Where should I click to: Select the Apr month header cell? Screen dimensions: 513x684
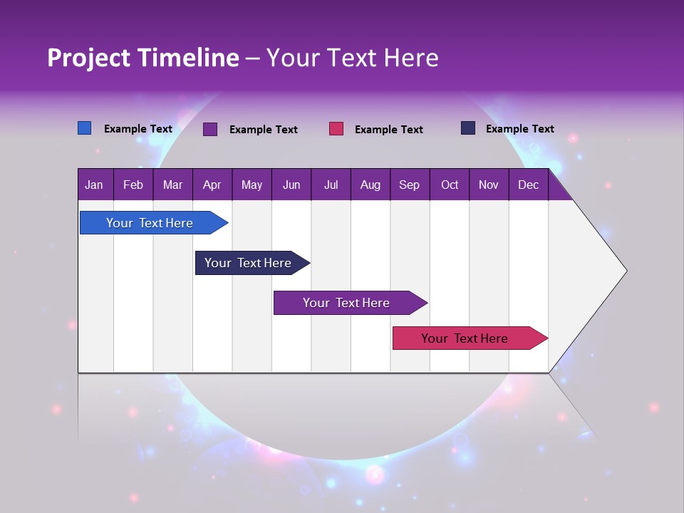[x=212, y=185]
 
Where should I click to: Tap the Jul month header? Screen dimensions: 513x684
[x=331, y=185]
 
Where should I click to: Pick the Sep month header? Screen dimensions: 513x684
[x=410, y=185]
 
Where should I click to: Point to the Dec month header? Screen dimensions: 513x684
[x=528, y=185]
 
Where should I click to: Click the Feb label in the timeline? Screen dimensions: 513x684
[x=133, y=185]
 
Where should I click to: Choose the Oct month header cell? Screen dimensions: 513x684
[x=450, y=185]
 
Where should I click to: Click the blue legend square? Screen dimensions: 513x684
[x=85, y=128]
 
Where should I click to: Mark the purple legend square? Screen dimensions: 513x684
[x=210, y=129]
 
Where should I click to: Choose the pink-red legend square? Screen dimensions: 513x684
[x=336, y=129]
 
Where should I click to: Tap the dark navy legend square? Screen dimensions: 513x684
[x=468, y=128]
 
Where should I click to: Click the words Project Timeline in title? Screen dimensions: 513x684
[x=142, y=58]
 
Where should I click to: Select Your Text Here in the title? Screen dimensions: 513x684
[x=353, y=58]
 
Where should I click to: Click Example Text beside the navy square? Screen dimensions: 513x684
[x=519, y=129]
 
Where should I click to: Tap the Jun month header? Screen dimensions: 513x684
[x=291, y=185]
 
